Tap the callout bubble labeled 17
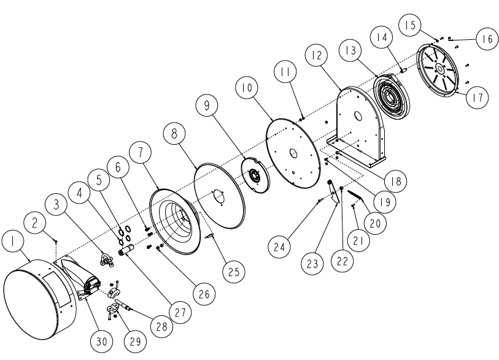[x=478, y=96]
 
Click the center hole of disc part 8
[x=219, y=196]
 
